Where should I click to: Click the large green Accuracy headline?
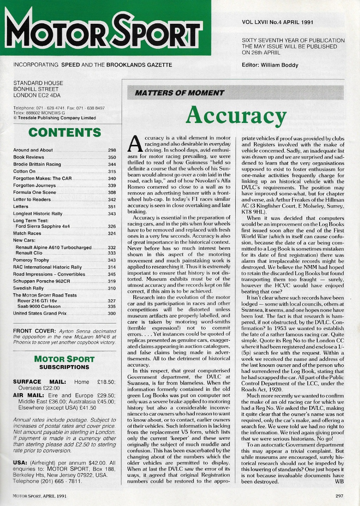236,114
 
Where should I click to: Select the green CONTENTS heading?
64,132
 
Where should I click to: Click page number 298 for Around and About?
112,150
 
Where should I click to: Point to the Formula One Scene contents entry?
35,192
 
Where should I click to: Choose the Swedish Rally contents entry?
28,288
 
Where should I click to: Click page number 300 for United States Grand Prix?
112,313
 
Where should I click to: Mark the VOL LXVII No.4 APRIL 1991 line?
277,23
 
